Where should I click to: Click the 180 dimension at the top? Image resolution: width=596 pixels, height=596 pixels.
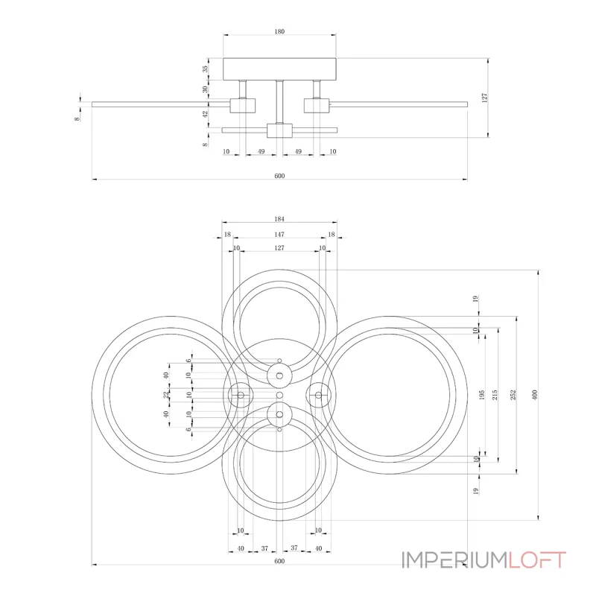(279, 31)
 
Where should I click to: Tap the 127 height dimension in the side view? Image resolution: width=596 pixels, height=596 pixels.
(484, 98)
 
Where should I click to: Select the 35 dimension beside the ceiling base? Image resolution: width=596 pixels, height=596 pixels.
(205, 69)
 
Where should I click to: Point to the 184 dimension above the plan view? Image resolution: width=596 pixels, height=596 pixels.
(279, 219)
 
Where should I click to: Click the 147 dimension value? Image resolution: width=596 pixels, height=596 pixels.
(279, 235)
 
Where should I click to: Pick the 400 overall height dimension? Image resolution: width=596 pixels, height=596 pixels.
(535, 395)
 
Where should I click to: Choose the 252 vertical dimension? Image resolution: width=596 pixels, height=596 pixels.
(513, 395)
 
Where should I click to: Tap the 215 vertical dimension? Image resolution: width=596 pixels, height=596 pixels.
(495, 395)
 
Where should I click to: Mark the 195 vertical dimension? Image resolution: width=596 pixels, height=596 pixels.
(481, 395)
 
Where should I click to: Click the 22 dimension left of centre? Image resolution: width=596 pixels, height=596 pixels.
(165, 395)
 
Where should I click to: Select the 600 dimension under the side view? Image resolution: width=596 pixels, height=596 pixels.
(279, 176)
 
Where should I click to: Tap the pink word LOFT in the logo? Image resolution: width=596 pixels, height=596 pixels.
(537, 560)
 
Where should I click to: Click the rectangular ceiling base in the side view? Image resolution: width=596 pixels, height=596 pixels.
(279, 69)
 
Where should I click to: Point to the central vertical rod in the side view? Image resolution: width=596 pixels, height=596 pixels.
(279, 102)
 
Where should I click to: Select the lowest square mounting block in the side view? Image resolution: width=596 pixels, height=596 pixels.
(279, 130)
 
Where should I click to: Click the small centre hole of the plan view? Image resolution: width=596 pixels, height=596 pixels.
(279, 396)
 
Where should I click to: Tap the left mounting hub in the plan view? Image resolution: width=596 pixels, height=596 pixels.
(241, 396)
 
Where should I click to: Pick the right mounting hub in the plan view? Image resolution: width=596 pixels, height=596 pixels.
(319, 396)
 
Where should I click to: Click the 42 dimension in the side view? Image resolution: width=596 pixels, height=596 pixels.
(206, 114)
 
